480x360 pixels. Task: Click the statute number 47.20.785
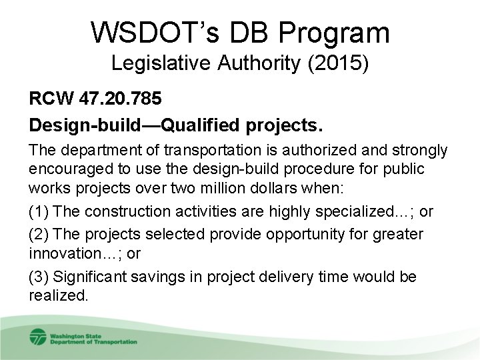click(x=119, y=99)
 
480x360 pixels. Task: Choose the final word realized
click(x=58, y=295)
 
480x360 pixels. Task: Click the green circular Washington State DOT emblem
click(x=38, y=337)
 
